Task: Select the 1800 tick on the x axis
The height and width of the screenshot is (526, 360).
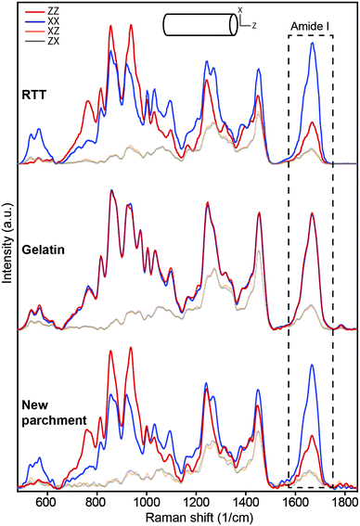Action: pyautogui.click(x=344, y=499)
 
